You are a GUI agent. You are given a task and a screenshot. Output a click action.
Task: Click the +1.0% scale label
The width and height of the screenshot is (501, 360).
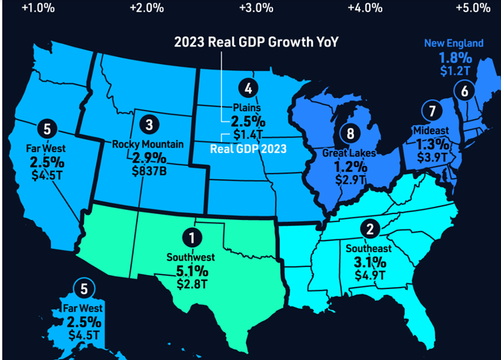(x=38, y=8)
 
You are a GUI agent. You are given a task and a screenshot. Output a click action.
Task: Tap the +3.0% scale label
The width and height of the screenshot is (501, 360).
(x=255, y=8)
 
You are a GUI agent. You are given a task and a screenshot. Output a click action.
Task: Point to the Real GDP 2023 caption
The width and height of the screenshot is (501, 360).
(x=249, y=149)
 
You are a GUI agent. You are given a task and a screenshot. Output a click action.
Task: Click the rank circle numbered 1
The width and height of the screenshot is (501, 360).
(x=192, y=237)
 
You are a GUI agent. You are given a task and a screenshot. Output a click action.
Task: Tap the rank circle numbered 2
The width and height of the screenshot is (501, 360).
(x=369, y=229)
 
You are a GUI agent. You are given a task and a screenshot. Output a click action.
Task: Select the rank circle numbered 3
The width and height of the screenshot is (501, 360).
(x=150, y=123)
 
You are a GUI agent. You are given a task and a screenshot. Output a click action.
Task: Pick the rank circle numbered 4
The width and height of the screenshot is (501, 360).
(x=248, y=88)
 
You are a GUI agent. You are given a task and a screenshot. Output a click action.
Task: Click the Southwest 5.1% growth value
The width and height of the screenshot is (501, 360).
(x=192, y=270)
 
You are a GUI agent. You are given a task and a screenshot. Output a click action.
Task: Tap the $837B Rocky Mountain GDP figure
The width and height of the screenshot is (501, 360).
(x=150, y=170)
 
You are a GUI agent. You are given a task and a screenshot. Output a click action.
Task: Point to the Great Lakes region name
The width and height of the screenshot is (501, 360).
(x=349, y=153)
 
